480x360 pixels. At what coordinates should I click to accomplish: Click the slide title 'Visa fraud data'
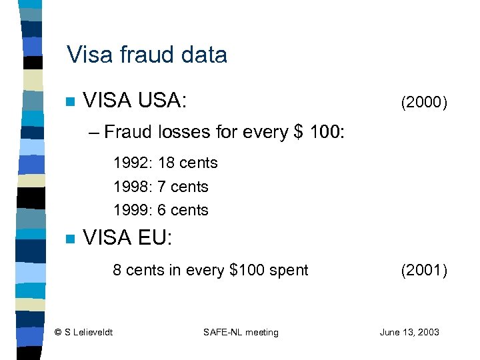(x=147, y=55)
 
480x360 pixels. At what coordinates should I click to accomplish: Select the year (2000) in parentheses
(x=423, y=102)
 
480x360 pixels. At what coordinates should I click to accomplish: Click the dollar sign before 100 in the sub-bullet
(x=298, y=131)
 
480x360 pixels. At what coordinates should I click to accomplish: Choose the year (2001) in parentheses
(x=423, y=270)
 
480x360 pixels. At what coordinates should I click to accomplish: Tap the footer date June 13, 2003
(x=409, y=332)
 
